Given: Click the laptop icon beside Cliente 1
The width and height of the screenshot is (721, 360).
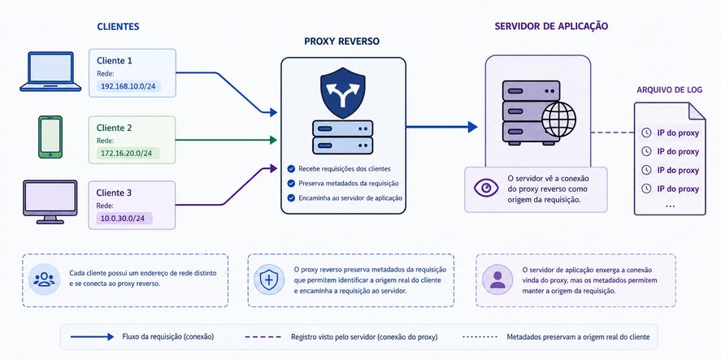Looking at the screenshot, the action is (x=50, y=72).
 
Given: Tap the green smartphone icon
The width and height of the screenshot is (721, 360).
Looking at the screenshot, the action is (x=50, y=137).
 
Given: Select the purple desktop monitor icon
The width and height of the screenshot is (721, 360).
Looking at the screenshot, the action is (x=50, y=202).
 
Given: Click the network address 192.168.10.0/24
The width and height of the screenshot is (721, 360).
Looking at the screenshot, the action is (x=128, y=85).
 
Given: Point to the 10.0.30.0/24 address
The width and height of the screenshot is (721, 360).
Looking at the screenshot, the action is (x=122, y=219).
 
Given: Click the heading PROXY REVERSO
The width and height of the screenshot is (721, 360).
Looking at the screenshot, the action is (x=342, y=41).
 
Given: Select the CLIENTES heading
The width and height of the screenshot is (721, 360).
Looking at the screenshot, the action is (x=118, y=27).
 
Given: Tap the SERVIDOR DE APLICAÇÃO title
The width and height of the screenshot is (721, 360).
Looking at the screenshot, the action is (x=551, y=26).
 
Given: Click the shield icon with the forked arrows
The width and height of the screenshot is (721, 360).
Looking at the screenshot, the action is (x=342, y=93).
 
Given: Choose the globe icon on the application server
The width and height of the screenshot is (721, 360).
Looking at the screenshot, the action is (x=558, y=119).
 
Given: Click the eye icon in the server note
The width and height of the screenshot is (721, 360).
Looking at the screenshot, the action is (x=486, y=188).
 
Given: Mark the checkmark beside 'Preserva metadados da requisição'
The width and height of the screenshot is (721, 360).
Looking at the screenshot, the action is (x=291, y=184).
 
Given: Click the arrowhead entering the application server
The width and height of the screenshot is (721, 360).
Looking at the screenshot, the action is (x=473, y=127).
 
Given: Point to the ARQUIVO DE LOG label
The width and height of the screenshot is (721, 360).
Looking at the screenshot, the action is (x=669, y=90).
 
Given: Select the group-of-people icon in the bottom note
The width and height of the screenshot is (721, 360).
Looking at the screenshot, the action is (x=44, y=280).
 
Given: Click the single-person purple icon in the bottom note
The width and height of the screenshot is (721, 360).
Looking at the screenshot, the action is (x=497, y=280).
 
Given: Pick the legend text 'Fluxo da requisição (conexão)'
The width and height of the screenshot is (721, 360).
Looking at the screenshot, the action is (x=168, y=337).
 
